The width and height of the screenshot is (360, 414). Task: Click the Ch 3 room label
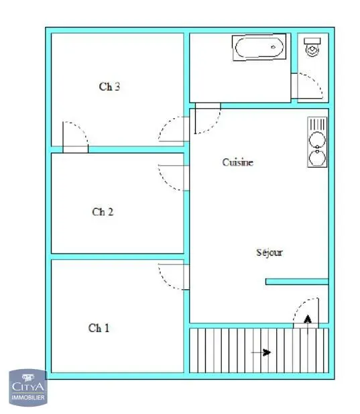tap(109, 87)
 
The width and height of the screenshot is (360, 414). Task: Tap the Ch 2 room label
tap(103, 212)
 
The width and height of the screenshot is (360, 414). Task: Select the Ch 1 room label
tap(99, 328)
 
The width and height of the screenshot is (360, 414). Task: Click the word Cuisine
tap(237, 162)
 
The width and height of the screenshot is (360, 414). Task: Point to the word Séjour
tap(269, 252)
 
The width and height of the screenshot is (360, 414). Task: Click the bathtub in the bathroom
tap(259, 48)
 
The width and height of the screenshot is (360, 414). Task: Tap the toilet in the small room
tap(312, 47)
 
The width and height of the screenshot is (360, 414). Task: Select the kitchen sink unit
tap(317, 142)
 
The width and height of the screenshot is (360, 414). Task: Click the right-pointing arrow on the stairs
tap(261, 352)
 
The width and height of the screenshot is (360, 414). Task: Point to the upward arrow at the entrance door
tap(308, 325)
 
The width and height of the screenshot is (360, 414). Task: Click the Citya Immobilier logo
tap(28, 387)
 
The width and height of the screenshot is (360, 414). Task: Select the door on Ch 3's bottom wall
tap(76, 138)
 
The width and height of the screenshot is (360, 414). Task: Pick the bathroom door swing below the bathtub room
tap(208, 118)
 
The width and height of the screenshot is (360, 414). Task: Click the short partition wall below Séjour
tap(297, 282)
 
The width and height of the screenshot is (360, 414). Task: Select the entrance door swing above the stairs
tap(306, 313)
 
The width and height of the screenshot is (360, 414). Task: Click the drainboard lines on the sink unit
tap(317, 124)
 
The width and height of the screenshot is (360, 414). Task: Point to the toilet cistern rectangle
tap(312, 41)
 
